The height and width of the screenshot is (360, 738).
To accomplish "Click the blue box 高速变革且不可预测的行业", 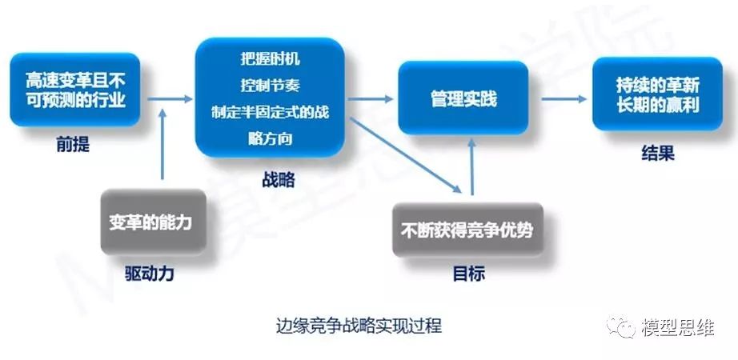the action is coord(74,90).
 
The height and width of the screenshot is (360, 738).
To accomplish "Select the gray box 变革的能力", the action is coord(154,222).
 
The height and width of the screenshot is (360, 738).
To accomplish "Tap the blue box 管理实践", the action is coord(463,98).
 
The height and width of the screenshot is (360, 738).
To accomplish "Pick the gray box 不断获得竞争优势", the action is coord(467,230).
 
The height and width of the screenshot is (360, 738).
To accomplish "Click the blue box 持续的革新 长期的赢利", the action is coord(657,94).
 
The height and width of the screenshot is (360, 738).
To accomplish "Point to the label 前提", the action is coord(74,145).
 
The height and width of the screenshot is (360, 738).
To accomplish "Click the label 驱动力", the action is coord(150,274).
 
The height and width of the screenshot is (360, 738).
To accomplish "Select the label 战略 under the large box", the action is coord(279,179).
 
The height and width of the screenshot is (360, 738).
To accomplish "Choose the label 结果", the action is coord(657,153).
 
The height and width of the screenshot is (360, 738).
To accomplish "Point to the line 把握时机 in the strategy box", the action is coord(271,59).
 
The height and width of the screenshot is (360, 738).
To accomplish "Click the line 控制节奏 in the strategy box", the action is coord(271,86).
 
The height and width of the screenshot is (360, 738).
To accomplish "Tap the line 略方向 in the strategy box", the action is coord(271,138).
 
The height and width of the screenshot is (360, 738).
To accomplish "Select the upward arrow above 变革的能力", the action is coord(162,144).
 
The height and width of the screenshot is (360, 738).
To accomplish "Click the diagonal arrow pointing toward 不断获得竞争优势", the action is coord(406,155).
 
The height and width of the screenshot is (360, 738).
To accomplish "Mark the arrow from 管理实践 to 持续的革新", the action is coord(564,99).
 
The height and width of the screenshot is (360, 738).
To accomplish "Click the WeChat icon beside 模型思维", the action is coord(620,326).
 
